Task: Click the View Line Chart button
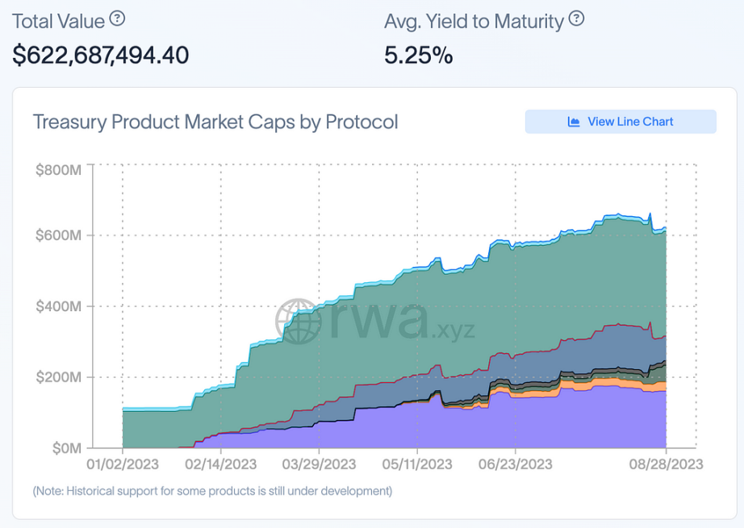click(620, 122)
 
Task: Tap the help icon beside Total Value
click(118, 18)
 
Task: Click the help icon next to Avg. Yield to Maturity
click(576, 19)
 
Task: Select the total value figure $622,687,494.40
click(101, 55)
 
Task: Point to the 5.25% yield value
click(418, 55)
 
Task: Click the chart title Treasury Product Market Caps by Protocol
click(215, 123)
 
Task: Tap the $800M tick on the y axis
click(58, 170)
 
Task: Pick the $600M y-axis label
click(58, 236)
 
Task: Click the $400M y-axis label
click(58, 306)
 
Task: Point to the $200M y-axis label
click(58, 376)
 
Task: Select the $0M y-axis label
click(64, 447)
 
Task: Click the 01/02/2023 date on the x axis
click(122, 464)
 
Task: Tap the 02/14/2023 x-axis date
click(220, 464)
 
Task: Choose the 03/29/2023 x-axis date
click(319, 464)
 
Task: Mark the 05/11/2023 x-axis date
click(416, 464)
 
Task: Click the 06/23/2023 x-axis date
click(515, 464)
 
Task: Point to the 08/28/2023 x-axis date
click(667, 464)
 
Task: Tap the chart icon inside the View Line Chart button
click(574, 122)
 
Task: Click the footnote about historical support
click(212, 491)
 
